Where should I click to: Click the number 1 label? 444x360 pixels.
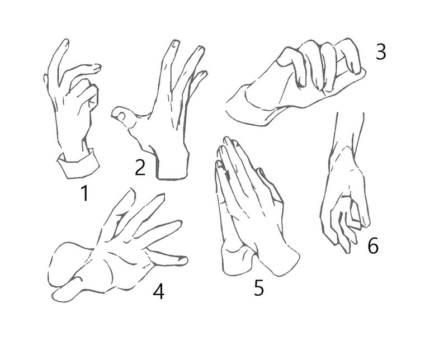(x=84, y=193)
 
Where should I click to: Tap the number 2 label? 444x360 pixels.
(x=139, y=167)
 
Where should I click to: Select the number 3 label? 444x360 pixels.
(x=380, y=53)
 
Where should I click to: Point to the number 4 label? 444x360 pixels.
(x=158, y=291)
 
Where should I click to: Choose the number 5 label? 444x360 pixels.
(x=258, y=288)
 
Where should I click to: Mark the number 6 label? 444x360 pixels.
(x=373, y=245)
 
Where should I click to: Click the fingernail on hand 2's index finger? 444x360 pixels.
(x=175, y=45)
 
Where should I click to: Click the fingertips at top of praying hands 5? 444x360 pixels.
(x=227, y=140)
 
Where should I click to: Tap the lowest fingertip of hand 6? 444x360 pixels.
(x=348, y=246)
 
